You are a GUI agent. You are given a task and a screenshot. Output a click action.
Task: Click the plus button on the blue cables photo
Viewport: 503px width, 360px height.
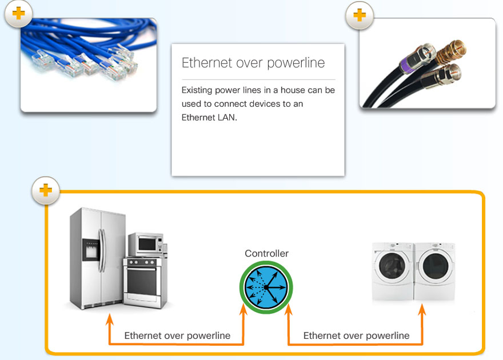pyautogui.click(x=18, y=14)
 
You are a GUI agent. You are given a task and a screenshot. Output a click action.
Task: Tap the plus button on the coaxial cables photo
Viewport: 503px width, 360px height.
pyautogui.click(x=360, y=15)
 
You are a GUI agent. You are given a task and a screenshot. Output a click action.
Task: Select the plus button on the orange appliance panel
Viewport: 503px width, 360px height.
pyautogui.click(x=46, y=190)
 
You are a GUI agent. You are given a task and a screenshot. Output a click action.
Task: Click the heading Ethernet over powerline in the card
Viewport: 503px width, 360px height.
pyautogui.click(x=253, y=63)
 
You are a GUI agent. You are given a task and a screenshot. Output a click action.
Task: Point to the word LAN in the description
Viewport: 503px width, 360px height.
pyautogui.click(x=227, y=118)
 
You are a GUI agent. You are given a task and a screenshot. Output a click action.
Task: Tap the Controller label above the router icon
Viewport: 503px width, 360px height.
pyautogui.click(x=266, y=254)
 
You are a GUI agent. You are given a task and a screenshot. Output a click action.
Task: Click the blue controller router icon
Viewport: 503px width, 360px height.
pyautogui.click(x=266, y=287)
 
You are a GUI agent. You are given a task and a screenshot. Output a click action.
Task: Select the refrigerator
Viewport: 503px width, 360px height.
pyautogui.click(x=97, y=258)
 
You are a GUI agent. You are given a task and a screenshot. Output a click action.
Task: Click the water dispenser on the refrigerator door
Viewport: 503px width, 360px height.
pyautogui.click(x=91, y=249)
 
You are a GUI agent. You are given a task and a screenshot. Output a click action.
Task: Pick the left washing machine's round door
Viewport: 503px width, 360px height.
pyautogui.click(x=392, y=266)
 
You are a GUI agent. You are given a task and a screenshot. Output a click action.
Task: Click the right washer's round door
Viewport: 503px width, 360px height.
pyautogui.click(x=434, y=266)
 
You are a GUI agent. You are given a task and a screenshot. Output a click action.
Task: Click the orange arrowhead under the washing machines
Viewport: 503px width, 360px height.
pyautogui.click(x=422, y=310)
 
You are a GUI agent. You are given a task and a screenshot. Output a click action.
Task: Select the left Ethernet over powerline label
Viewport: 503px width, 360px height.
pyautogui.click(x=177, y=335)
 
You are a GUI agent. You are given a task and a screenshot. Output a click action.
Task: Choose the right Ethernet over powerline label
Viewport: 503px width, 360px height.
pyautogui.click(x=357, y=335)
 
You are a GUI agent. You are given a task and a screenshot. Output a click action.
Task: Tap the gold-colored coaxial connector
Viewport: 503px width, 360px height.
pyautogui.click(x=451, y=51)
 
